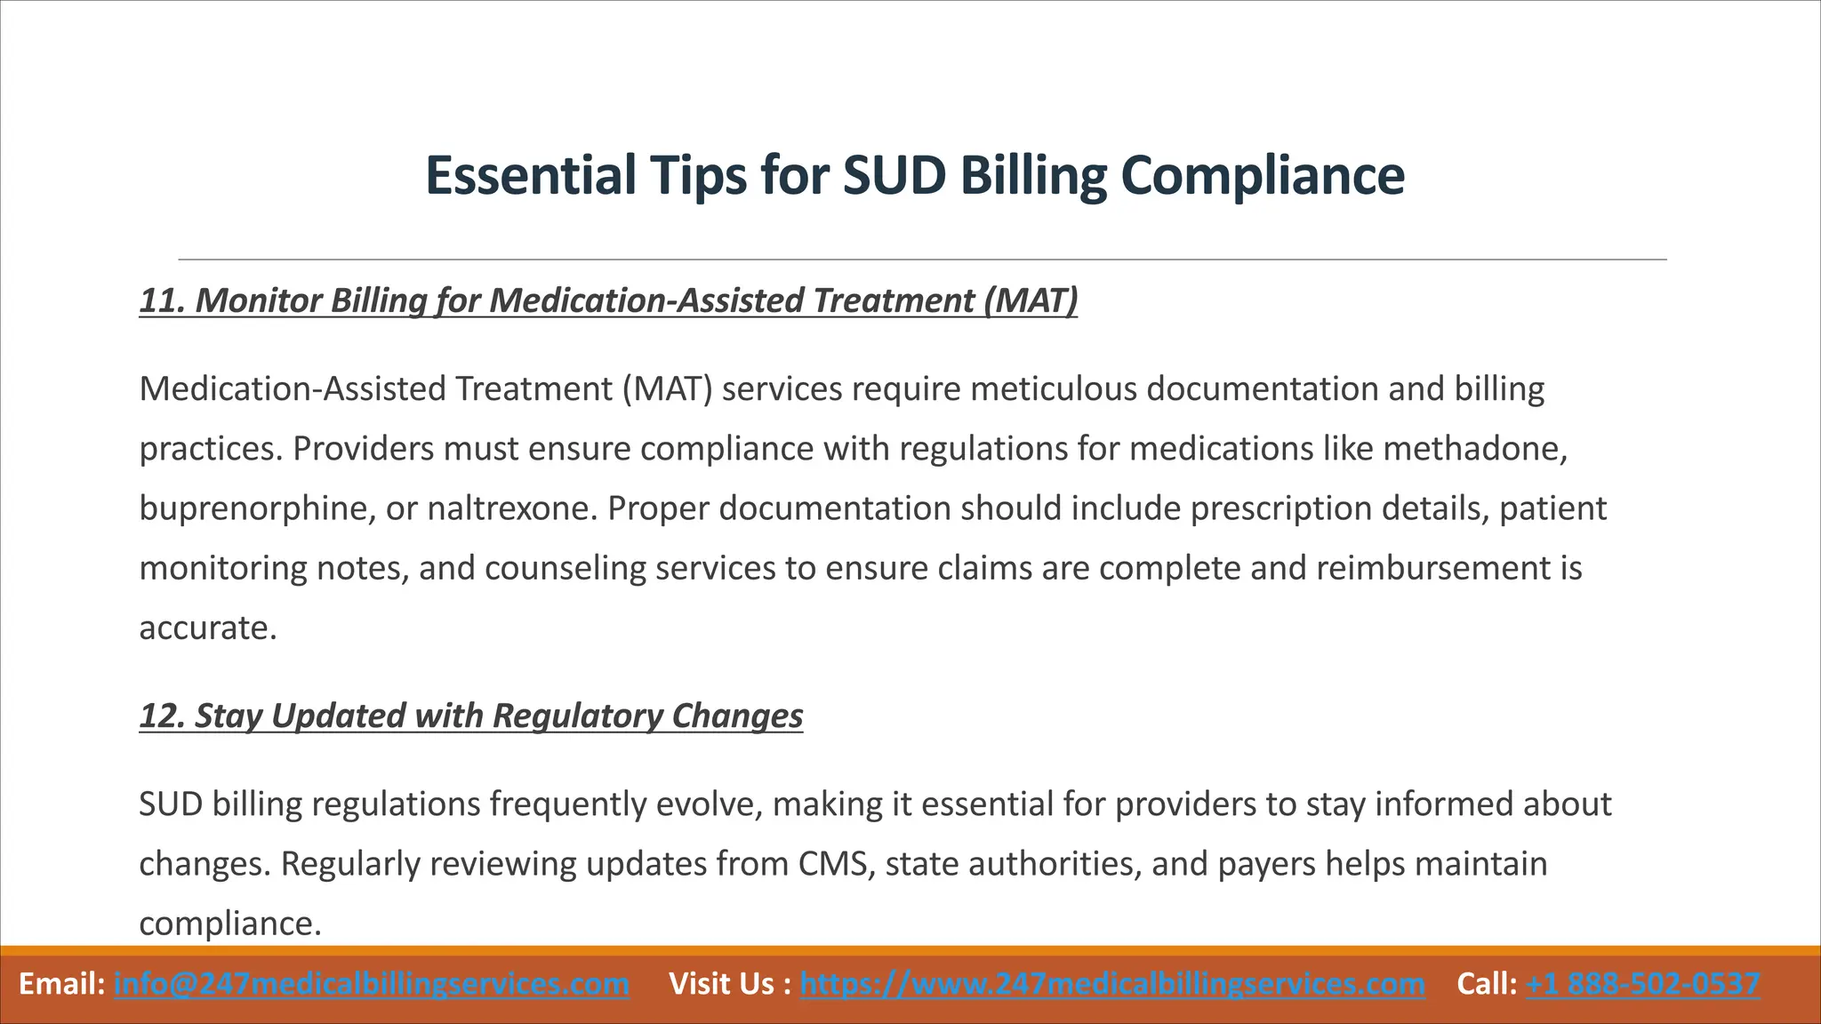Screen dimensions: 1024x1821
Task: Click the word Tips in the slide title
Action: point(696,175)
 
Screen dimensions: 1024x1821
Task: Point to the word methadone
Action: point(1473,448)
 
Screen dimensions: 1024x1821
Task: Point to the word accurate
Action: point(208,628)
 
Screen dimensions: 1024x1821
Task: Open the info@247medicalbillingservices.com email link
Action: point(372,984)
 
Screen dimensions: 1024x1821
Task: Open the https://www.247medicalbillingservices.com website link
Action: point(1112,984)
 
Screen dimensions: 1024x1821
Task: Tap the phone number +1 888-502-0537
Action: point(1642,984)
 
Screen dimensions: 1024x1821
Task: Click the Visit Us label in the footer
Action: point(722,984)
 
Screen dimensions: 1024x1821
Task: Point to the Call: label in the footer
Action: point(1487,984)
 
